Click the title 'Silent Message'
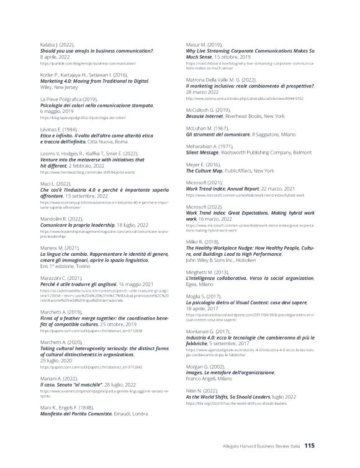(205, 151)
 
